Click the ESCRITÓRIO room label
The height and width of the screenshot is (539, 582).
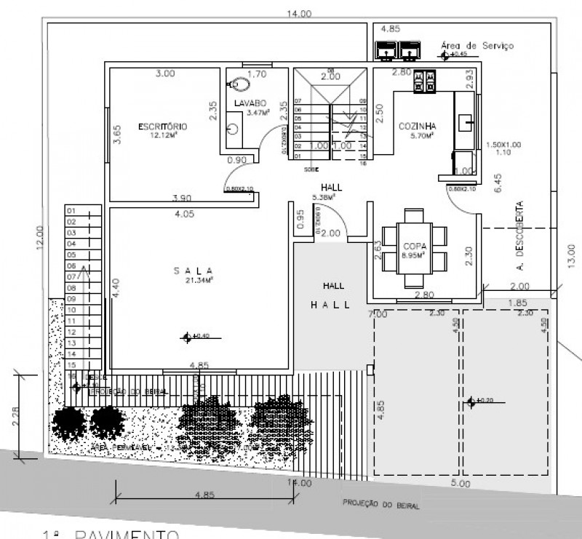163,126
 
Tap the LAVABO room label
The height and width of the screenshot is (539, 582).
250,103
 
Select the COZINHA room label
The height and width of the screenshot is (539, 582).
416,126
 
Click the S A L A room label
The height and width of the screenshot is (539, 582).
193,270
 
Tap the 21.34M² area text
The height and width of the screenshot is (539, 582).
194,280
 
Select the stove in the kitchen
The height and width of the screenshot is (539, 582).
424,81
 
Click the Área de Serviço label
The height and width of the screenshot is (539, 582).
477,45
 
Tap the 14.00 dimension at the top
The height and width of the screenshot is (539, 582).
299,13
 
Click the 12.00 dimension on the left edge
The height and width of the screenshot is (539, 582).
40,237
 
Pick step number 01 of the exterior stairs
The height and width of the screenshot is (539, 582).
71,211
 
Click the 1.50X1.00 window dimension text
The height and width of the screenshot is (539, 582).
503,144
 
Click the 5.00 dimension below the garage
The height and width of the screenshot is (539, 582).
461,483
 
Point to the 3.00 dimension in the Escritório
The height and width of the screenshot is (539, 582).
165,73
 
